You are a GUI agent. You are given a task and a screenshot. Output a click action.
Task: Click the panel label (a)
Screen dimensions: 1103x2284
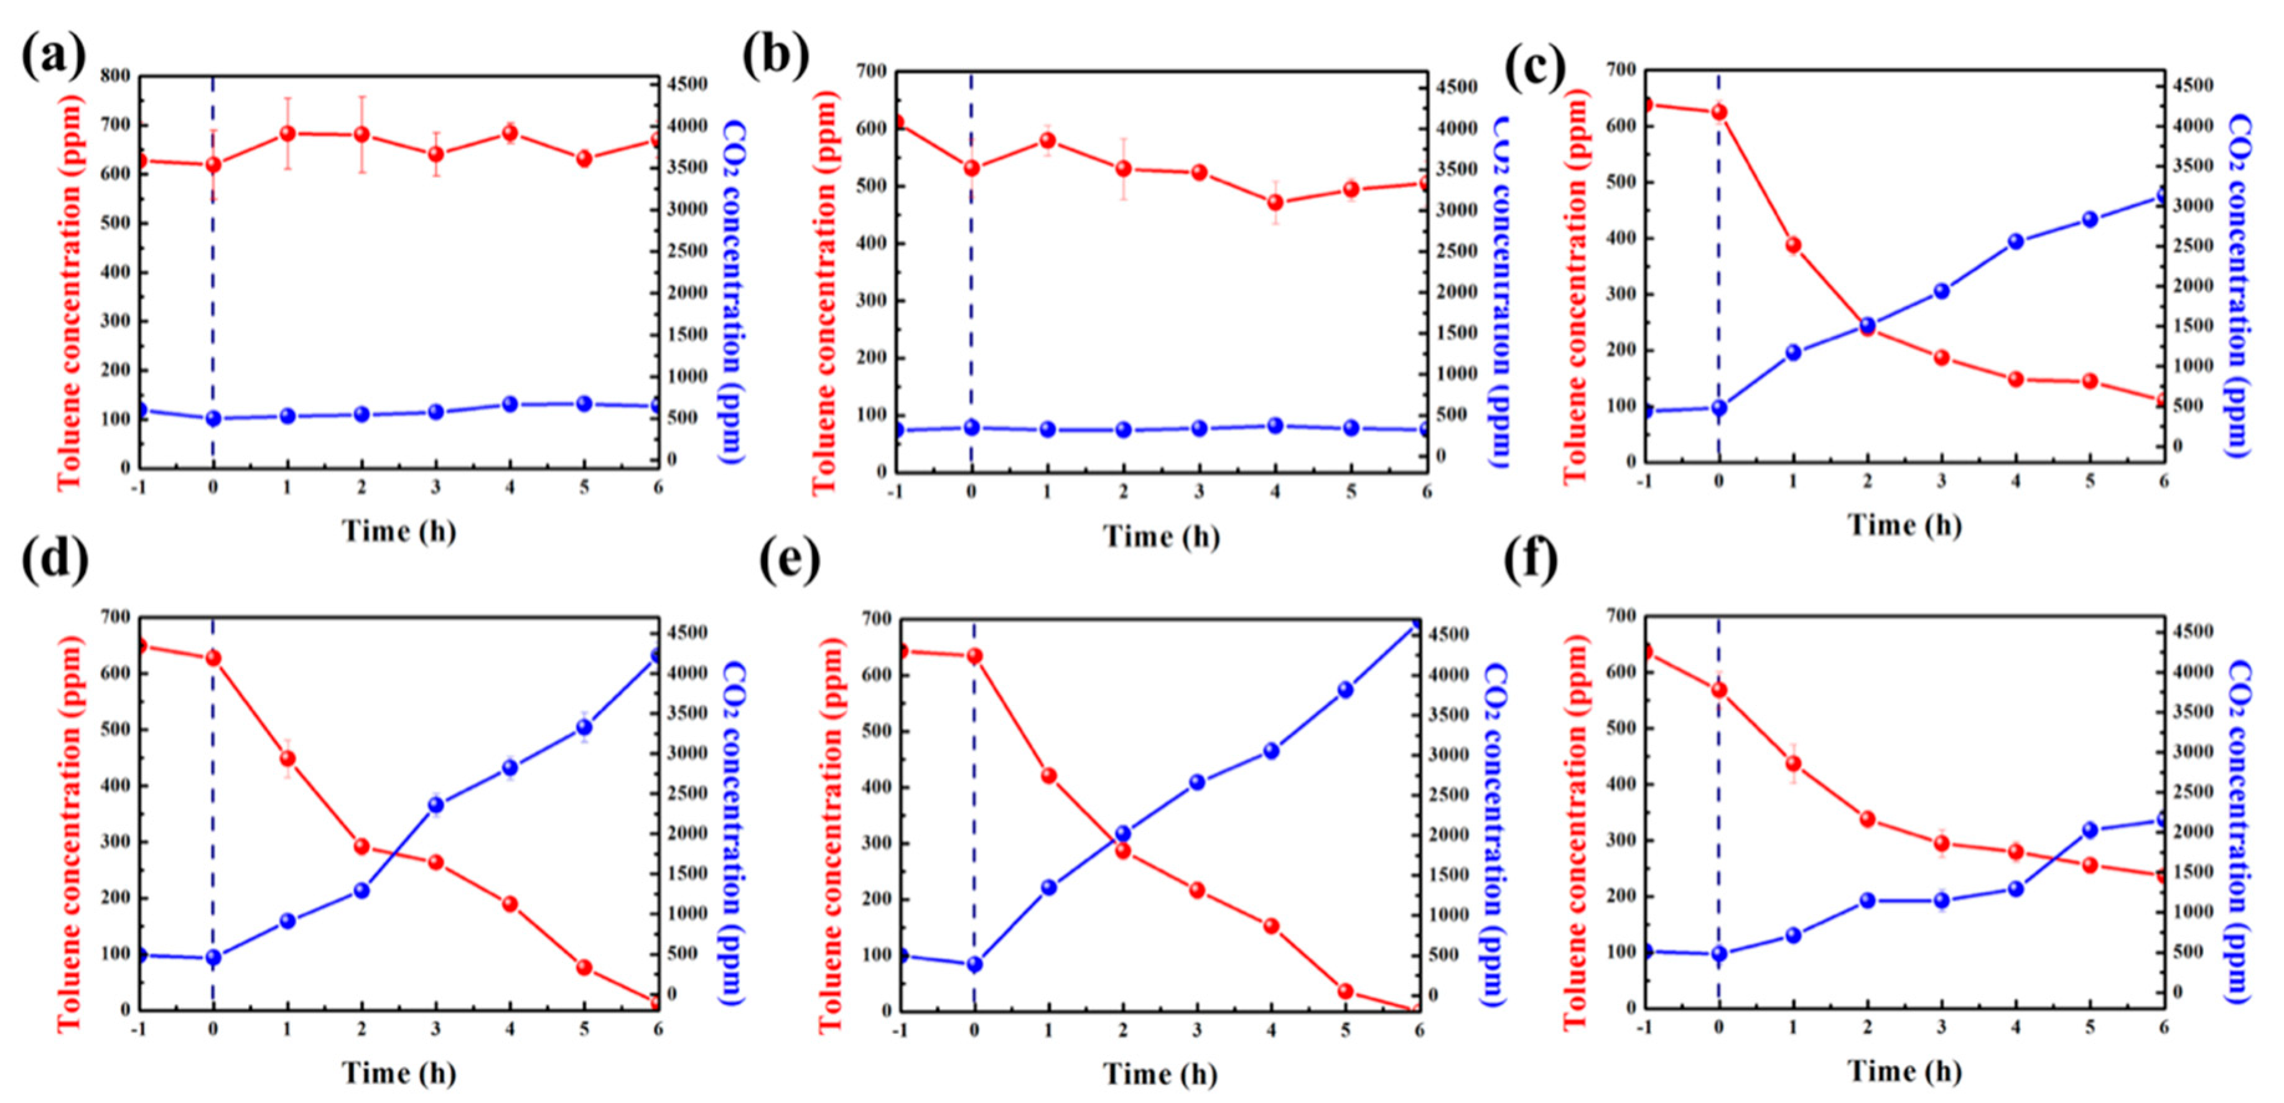(x=54, y=58)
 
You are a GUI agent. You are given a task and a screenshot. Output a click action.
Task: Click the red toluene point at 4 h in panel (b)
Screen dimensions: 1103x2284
(x=1275, y=203)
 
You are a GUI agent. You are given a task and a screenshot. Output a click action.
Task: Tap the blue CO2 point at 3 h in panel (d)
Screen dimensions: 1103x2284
(x=436, y=805)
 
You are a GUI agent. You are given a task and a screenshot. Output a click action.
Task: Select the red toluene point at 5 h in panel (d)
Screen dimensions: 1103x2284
(x=584, y=967)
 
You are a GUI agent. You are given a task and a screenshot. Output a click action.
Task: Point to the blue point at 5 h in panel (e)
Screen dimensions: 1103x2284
(x=1345, y=690)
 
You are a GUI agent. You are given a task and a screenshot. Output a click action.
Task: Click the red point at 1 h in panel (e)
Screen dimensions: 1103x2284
(x=1049, y=776)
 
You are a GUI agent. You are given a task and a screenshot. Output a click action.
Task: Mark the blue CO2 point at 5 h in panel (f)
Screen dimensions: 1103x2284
(x=2091, y=830)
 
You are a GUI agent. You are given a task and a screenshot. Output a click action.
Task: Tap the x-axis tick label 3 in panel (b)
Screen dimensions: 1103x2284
(x=1199, y=492)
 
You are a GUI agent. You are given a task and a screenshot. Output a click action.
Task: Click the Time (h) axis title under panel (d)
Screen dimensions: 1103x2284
(x=399, y=1073)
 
